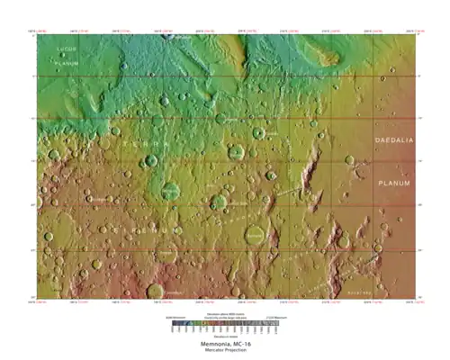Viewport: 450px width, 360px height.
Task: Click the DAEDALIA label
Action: [x=393, y=141]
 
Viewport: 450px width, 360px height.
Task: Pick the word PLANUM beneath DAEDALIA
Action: [x=393, y=183]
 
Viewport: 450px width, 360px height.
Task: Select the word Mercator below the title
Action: [x=211, y=350]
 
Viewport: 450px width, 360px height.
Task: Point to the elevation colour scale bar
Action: [x=224, y=320]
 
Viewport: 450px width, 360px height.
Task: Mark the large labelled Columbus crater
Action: [x=256, y=236]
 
